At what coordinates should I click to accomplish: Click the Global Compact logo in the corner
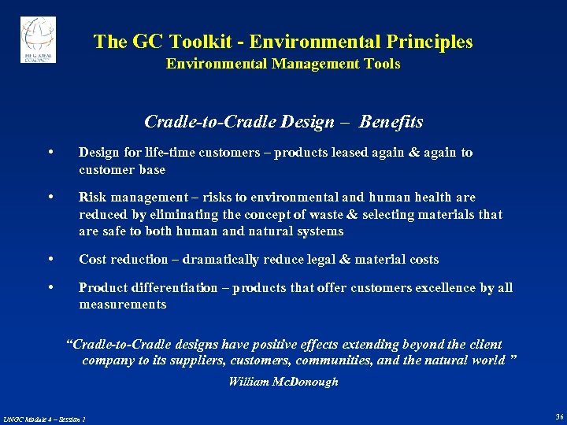[x=38, y=40]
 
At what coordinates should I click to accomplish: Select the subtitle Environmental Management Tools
[x=283, y=64]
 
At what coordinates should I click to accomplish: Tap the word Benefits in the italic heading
[x=391, y=122]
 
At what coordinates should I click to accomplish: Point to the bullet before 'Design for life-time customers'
[x=50, y=153]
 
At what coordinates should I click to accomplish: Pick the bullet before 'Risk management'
[x=50, y=198]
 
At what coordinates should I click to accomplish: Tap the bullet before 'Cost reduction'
[x=50, y=260]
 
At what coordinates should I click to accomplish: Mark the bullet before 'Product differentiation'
[x=50, y=288]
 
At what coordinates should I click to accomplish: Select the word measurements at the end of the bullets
[x=122, y=304]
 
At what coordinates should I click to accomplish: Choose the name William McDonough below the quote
[x=283, y=382]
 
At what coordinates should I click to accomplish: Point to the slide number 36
[x=558, y=416]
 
